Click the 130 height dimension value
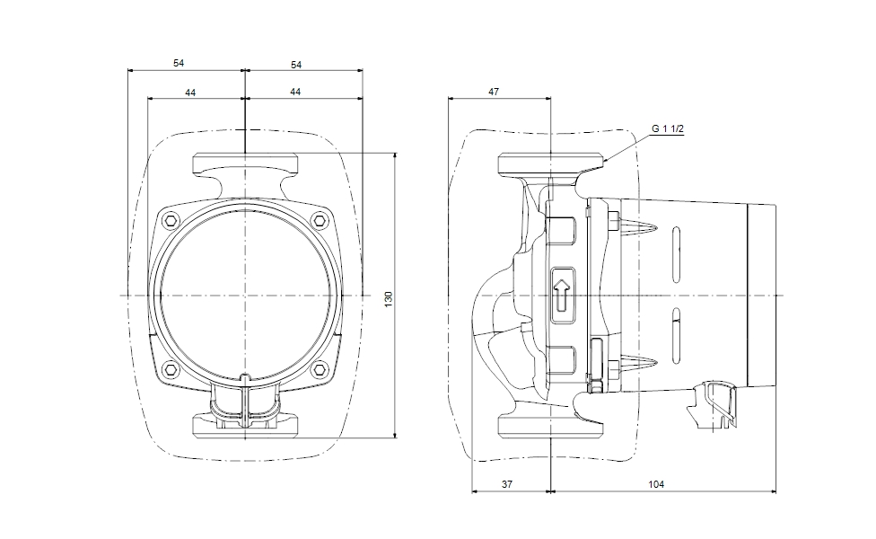coord(389,297)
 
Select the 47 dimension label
coord(494,92)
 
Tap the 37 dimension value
coord(506,484)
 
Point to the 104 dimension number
coord(656,484)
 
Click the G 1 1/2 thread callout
coord(668,129)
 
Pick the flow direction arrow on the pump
coord(561,294)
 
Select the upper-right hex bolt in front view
coord(319,220)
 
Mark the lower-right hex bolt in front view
coord(319,369)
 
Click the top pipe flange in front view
coord(244,163)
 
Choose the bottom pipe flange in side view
coord(549,428)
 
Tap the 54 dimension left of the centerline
coord(180,64)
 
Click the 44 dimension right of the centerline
coord(295,93)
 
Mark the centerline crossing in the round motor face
coord(244,295)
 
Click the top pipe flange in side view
coord(549,163)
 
